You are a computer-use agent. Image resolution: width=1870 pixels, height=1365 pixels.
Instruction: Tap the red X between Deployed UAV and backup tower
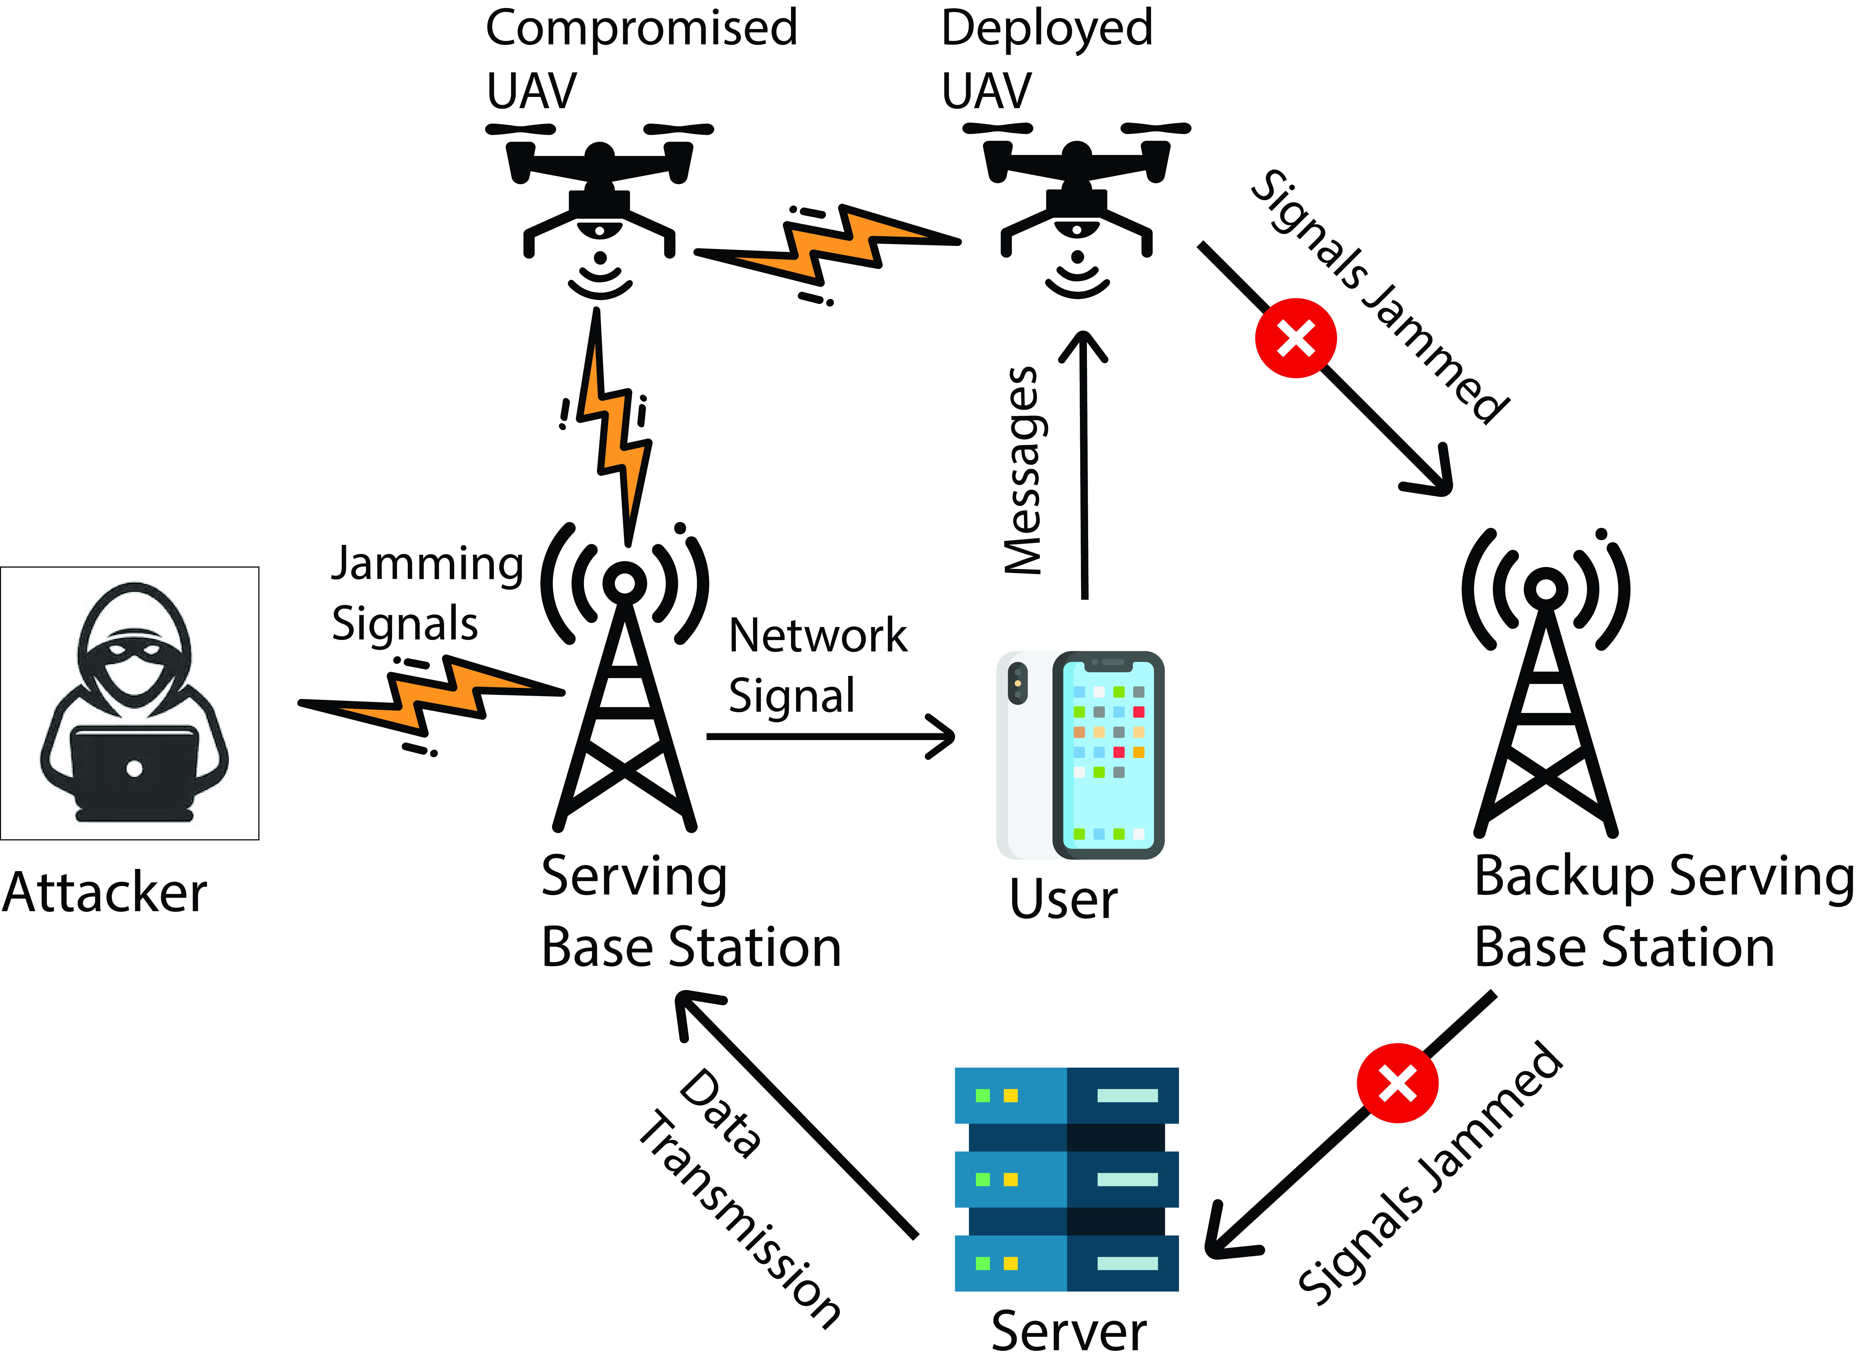[1295, 338]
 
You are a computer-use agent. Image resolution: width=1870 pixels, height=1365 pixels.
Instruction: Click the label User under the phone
[1064, 899]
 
